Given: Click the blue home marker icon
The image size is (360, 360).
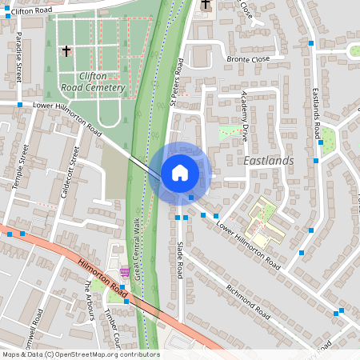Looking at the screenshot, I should (179, 173).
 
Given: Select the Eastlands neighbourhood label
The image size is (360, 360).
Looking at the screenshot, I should (268, 161).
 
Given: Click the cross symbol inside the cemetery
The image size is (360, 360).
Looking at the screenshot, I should (66, 50).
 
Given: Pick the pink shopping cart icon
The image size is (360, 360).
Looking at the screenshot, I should (124, 271).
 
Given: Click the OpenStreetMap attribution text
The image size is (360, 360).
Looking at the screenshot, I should (80, 354).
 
